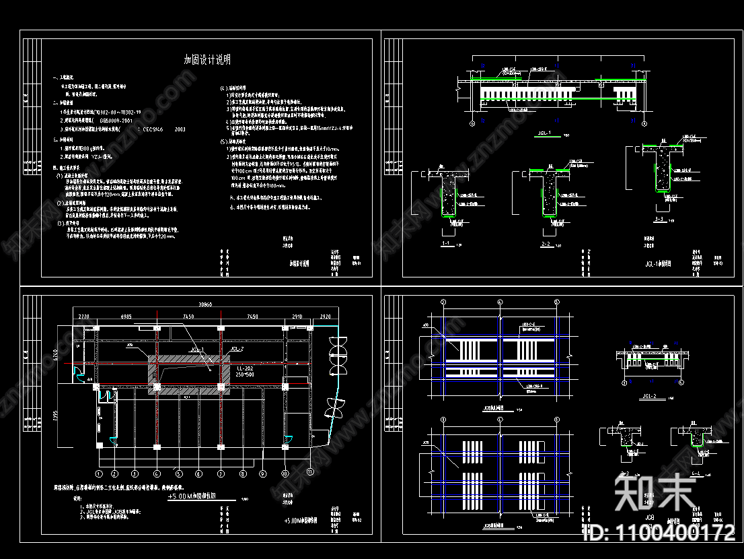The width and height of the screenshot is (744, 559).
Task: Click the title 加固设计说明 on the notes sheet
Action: point(207,60)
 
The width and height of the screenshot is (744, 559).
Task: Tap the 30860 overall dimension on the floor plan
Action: point(202,304)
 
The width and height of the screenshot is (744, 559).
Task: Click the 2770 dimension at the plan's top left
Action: point(84,315)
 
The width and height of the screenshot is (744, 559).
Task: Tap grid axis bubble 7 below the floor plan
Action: point(220,473)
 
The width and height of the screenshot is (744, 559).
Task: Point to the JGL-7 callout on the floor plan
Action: point(236,349)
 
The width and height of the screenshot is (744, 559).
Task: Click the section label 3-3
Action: point(659,220)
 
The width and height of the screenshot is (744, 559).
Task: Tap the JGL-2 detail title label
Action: point(648,395)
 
